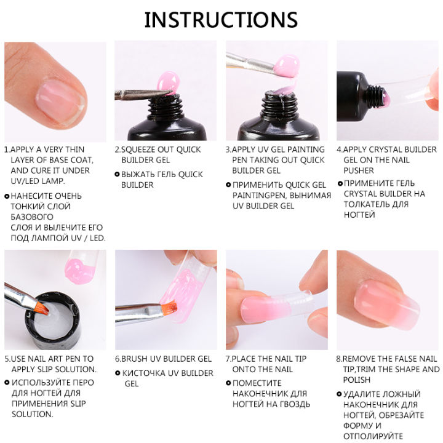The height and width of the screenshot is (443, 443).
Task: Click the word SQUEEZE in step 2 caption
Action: point(140,150)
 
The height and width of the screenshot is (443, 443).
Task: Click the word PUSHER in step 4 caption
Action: point(359,170)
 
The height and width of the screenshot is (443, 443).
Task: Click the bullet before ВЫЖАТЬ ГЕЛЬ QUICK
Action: point(118,175)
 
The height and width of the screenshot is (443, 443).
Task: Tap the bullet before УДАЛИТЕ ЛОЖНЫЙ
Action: point(339,394)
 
